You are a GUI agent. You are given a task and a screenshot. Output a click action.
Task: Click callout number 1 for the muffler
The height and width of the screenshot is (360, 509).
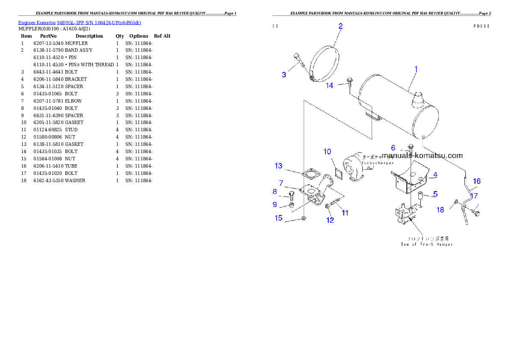point(416,69)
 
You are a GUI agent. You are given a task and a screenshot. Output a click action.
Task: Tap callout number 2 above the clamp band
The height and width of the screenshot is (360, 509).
point(340,26)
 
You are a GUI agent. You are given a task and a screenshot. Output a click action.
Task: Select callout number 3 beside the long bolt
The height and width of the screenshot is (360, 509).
point(284,75)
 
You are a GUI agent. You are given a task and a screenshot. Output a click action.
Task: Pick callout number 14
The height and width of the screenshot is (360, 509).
point(330,85)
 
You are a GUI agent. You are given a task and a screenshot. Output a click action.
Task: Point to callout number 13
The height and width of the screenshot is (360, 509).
point(278,165)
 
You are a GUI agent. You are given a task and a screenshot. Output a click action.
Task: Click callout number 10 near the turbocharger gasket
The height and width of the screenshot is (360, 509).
point(327,151)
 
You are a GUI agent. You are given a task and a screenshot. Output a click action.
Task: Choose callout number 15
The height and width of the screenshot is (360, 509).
point(278,218)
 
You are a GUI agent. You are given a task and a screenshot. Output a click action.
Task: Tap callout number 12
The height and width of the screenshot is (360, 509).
point(330,220)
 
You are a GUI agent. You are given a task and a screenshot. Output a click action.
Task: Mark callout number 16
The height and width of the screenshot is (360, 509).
point(476,181)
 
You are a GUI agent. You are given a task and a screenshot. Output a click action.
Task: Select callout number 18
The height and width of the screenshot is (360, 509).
point(440,210)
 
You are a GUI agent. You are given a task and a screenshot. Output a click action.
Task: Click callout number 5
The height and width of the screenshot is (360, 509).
point(435,194)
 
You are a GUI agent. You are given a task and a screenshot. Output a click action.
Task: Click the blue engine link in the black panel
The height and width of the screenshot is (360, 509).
point(80,22)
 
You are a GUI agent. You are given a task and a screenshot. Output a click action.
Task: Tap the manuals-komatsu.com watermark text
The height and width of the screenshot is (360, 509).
point(422,156)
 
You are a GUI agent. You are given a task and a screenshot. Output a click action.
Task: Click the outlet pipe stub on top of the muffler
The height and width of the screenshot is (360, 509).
point(417,100)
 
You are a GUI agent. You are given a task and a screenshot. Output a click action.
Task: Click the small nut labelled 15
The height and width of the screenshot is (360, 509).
point(303,218)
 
